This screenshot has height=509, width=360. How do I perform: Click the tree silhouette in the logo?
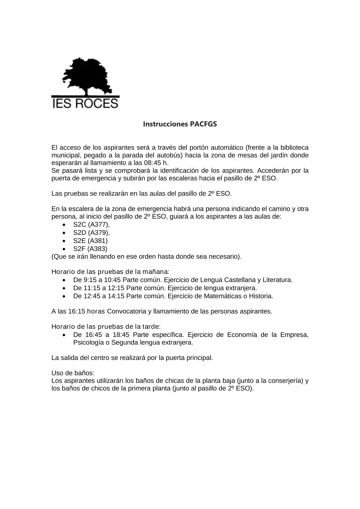[x=85, y=76]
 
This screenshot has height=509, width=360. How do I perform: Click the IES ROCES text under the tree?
[x=85, y=103]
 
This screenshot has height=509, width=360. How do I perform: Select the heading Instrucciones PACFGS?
[x=180, y=124]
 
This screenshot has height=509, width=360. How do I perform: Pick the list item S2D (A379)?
[x=91, y=233]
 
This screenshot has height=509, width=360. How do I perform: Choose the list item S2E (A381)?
[x=90, y=240]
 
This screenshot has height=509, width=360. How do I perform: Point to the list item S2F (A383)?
[x=90, y=248]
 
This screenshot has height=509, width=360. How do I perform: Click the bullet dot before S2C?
[x=64, y=225]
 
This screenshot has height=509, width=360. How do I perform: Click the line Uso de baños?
[x=73, y=373]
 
